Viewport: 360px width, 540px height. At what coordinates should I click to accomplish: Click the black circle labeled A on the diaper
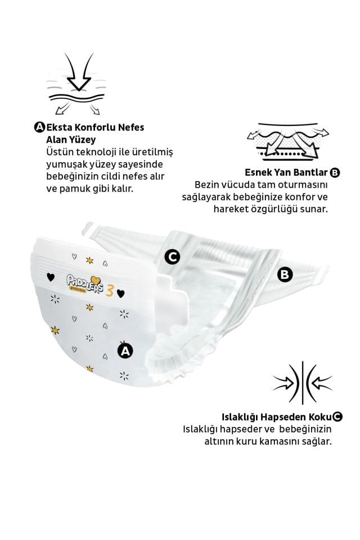(x=124, y=350)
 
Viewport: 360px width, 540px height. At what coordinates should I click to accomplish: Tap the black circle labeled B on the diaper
(x=286, y=274)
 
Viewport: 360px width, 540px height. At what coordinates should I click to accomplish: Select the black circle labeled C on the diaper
(x=172, y=257)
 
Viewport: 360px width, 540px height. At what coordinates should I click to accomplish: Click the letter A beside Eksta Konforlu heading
(x=39, y=128)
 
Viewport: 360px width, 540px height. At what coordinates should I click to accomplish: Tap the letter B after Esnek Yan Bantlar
(x=335, y=172)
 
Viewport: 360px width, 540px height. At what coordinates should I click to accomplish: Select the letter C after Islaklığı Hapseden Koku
(x=337, y=417)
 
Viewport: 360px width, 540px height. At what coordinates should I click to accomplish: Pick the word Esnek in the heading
(x=258, y=172)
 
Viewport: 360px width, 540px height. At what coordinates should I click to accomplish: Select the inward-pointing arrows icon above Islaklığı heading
(x=302, y=382)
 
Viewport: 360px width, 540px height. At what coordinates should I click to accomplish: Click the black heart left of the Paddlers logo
(x=50, y=277)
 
